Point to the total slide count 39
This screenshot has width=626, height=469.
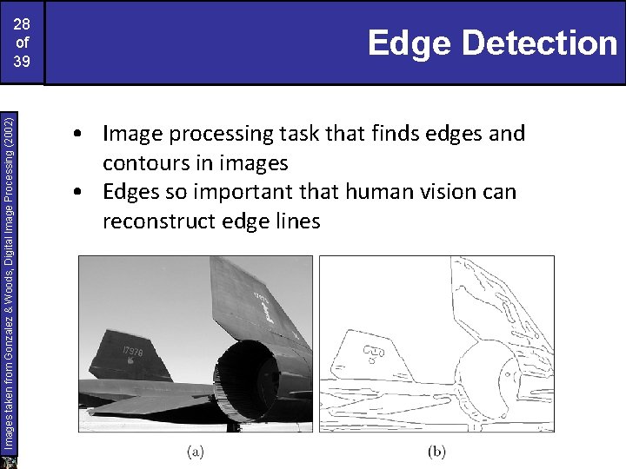point(22,62)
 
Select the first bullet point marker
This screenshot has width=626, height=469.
point(79,135)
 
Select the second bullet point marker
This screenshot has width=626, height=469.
point(79,193)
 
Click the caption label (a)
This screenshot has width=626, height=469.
point(196,451)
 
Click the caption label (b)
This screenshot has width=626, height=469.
point(436,451)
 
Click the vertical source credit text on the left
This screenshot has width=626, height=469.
point(8,274)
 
